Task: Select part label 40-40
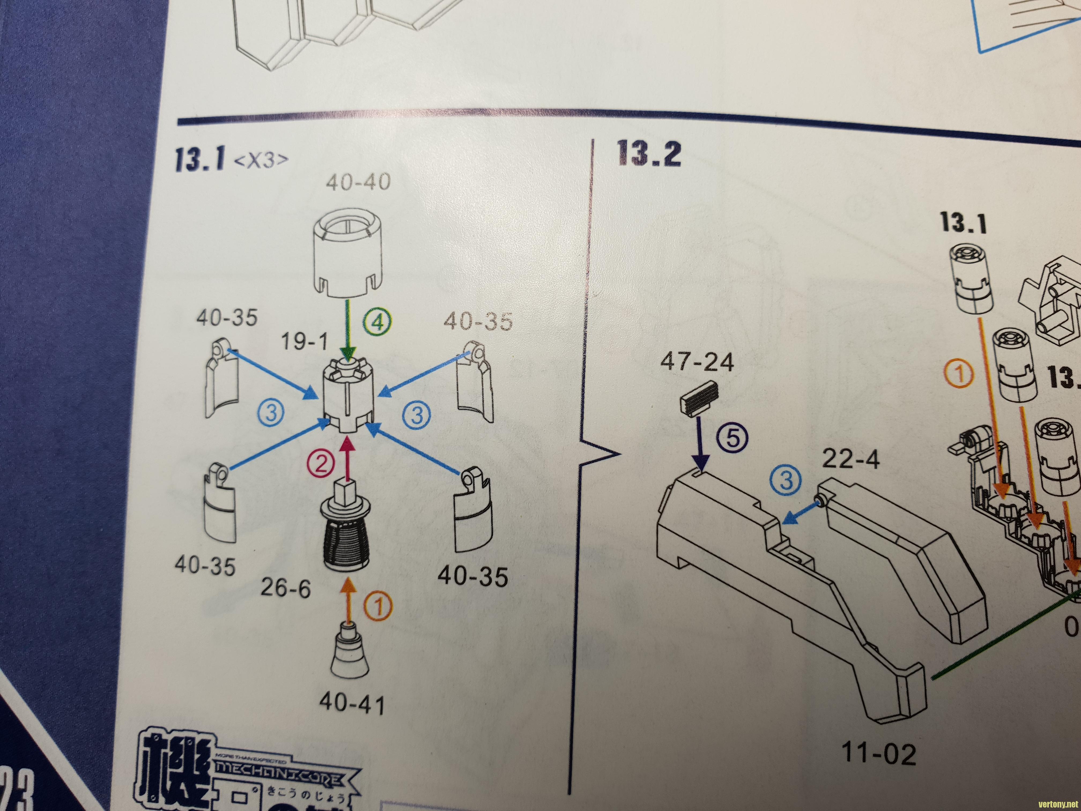point(358,182)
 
